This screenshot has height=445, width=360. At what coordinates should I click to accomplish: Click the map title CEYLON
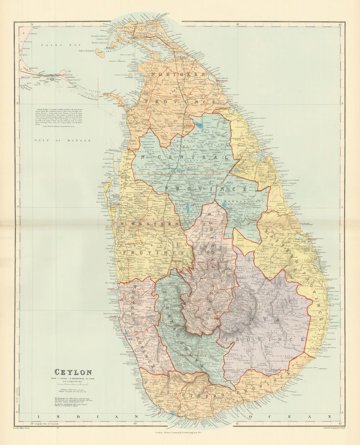click(x=73, y=372)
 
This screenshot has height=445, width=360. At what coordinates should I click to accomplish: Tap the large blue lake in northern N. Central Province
click(x=199, y=125)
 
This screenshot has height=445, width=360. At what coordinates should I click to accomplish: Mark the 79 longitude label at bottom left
click(x=29, y=424)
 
